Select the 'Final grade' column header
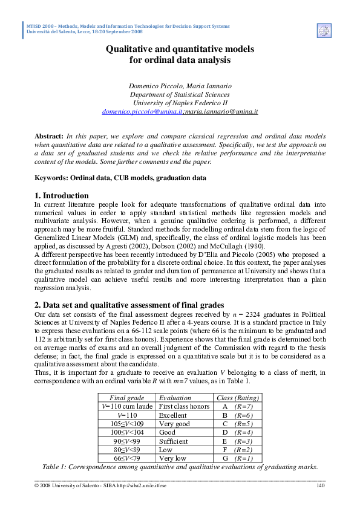126,398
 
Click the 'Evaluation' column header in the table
174,398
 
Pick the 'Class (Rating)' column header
238,398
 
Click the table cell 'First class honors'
184,407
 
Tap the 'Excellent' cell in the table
172,415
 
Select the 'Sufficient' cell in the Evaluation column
174,441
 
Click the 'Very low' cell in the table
172,459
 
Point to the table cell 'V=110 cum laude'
127,407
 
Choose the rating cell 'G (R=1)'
238,459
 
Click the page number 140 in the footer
321,485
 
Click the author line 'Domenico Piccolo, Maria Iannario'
180,86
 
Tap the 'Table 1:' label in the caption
58,467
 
